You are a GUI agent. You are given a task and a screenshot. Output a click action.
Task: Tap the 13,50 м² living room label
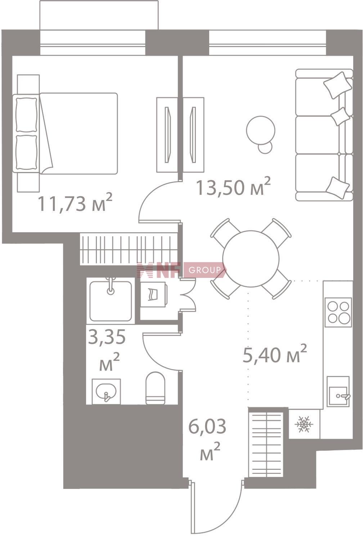[233, 187]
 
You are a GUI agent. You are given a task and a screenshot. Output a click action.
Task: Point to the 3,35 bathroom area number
[107, 337]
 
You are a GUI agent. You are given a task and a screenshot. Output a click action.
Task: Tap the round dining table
[251, 259]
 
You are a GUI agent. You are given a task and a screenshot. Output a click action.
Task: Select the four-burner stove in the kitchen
[338, 312]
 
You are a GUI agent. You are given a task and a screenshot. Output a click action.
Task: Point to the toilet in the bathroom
[156, 388]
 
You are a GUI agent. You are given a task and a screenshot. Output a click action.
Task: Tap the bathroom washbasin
[106, 391]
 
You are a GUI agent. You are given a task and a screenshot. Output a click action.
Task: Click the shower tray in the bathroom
[111, 300]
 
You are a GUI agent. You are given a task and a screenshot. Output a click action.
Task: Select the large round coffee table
[261, 130]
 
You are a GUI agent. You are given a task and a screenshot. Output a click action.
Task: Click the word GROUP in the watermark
[205, 270]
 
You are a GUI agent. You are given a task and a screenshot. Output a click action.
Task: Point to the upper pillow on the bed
[27, 115]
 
